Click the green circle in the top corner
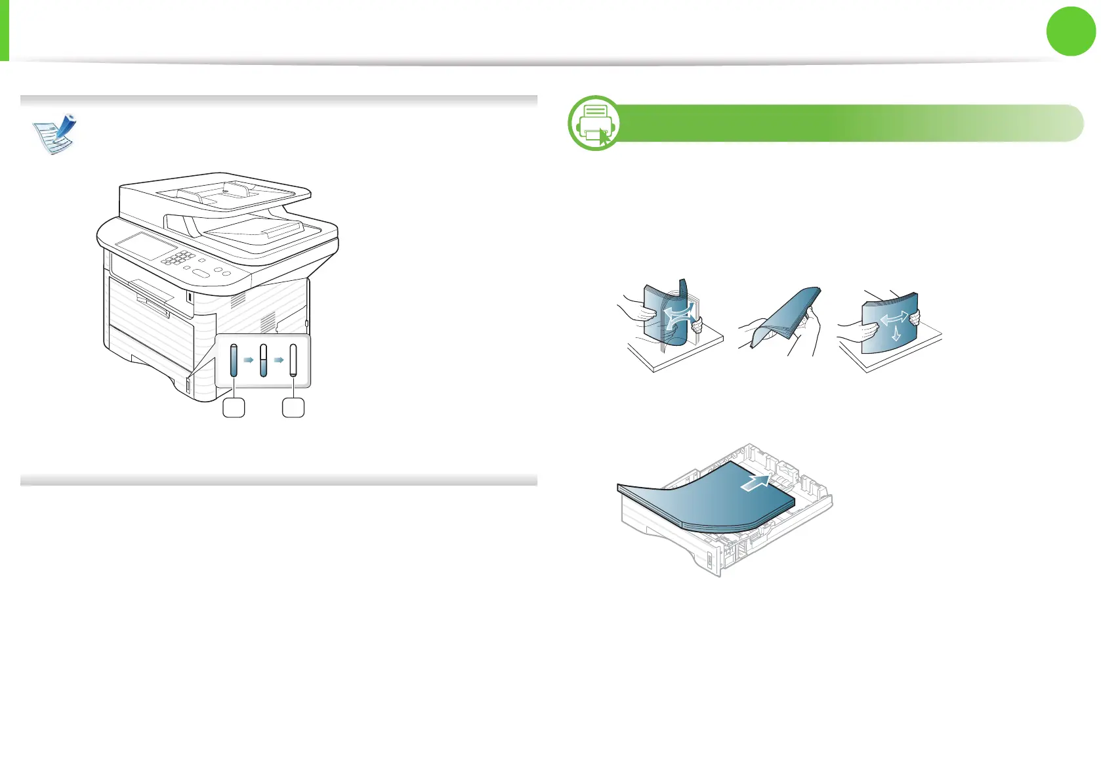coord(1071,31)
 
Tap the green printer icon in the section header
coord(595,123)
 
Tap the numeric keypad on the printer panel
coord(179,257)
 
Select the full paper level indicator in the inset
coord(234,360)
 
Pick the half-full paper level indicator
coord(264,360)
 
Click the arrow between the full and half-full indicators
coord(249,360)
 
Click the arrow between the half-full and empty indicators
coord(279,360)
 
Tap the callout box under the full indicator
coord(234,408)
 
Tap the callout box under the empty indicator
coord(293,408)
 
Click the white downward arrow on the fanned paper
coord(896,333)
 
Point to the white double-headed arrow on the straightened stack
coord(894,319)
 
